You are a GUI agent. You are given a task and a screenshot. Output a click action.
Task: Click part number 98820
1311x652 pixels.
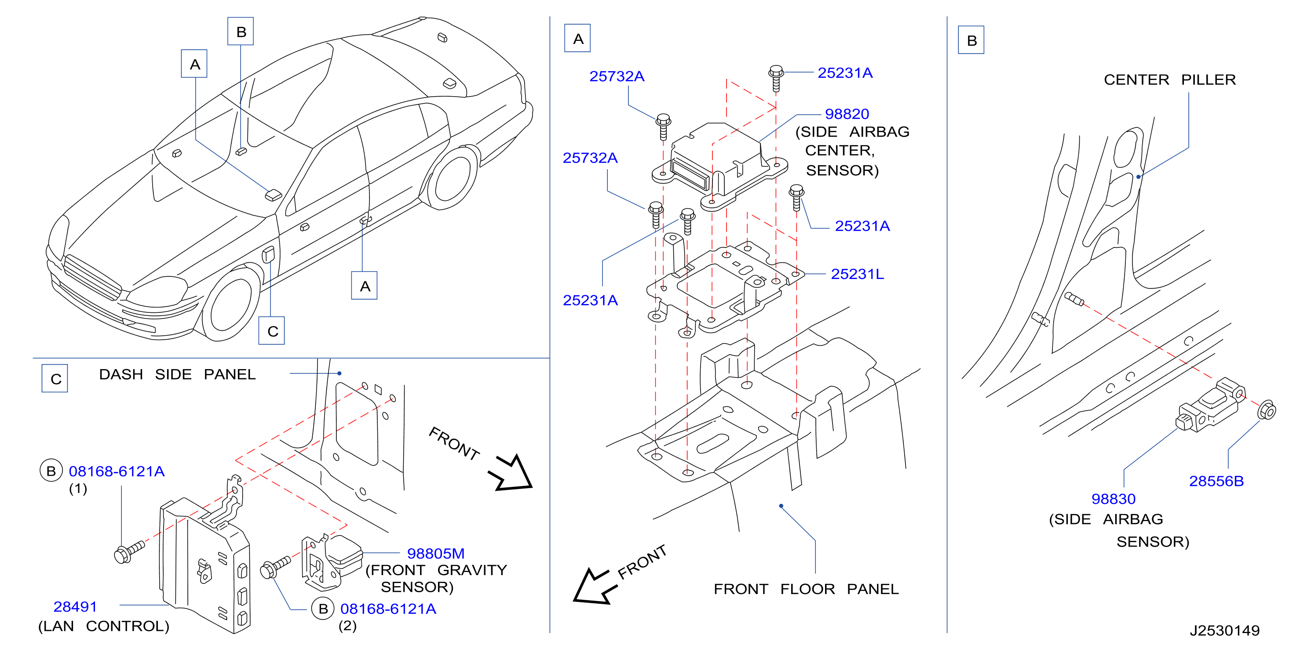point(847,114)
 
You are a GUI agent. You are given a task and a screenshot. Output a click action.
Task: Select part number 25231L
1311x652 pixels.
point(857,274)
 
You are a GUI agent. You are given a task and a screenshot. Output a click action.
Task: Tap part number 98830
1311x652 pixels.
point(1113,499)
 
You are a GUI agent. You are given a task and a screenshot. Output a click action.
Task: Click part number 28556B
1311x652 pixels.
point(1216,481)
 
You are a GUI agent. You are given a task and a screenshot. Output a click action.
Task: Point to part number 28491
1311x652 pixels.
point(75,607)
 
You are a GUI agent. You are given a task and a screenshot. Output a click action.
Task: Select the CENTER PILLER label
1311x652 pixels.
point(1169,80)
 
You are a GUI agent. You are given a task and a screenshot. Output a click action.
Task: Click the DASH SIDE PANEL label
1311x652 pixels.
point(177,374)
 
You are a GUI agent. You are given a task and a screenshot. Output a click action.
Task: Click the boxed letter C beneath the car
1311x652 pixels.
point(272,331)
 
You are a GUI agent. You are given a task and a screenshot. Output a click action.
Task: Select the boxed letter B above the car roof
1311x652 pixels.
point(241,32)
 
